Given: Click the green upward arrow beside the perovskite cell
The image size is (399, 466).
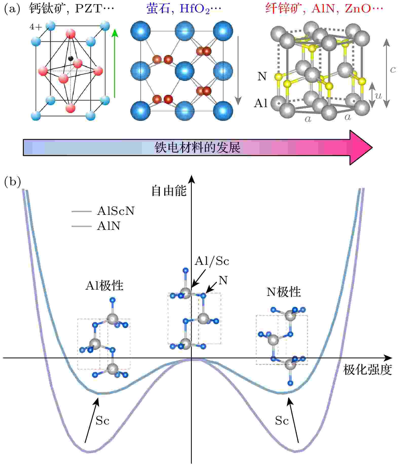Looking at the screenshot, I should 115,63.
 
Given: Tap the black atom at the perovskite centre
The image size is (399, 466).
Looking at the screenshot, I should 71,59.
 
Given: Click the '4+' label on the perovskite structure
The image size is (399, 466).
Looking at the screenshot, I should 36,27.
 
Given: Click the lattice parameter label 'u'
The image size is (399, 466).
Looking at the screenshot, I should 378,96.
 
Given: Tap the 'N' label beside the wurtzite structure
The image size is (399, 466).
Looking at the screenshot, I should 262,76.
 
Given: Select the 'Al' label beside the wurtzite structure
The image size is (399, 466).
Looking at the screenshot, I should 261,103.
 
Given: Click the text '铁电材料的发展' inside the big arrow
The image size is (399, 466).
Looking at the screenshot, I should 197,147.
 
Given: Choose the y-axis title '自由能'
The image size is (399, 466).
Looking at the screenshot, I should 169,191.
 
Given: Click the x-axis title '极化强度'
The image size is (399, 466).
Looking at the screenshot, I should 367,370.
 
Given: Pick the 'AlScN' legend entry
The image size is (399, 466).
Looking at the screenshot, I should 116,211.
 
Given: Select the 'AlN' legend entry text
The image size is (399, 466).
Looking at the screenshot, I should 108,226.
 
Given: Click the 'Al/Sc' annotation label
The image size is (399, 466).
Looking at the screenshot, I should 212,261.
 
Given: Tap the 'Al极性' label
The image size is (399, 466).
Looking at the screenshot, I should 104,286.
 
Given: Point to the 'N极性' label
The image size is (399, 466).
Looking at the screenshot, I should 283,292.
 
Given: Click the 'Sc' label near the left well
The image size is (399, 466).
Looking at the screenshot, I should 102,421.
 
